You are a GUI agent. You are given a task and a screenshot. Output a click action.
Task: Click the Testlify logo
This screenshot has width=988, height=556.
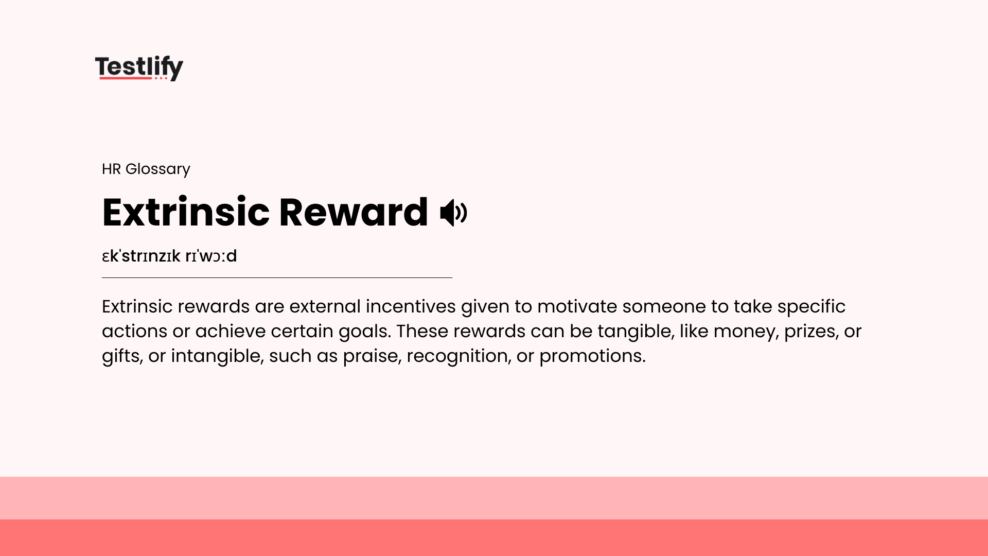click(x=139, y=67)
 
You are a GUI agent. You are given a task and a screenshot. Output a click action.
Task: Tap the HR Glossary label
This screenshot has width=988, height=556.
click(x=146, y=169)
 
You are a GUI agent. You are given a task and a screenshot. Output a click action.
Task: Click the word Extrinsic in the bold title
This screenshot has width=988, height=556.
click(x=185, y=212)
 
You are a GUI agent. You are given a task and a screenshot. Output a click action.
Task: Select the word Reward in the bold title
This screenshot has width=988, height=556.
click(x=353, y=212)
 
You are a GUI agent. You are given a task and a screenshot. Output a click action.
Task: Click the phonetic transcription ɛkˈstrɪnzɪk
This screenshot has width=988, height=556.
click(x=141, y=256)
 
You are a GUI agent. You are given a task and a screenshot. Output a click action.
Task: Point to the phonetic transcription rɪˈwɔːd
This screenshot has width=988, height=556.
click(x=211, y=256)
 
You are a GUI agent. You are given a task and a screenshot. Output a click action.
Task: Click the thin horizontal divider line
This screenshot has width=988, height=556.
click(x=277, y=277)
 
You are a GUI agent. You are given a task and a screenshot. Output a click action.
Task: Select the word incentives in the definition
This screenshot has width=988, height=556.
click(x=410, y=306)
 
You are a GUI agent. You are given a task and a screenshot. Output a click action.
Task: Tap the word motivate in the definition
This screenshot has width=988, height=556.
click(x=576, y=306)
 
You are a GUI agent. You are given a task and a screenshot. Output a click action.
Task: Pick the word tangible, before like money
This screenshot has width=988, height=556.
click(x=635, y=331)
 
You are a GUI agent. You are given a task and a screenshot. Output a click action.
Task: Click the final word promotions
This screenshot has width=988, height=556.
click(x=592, y=356)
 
